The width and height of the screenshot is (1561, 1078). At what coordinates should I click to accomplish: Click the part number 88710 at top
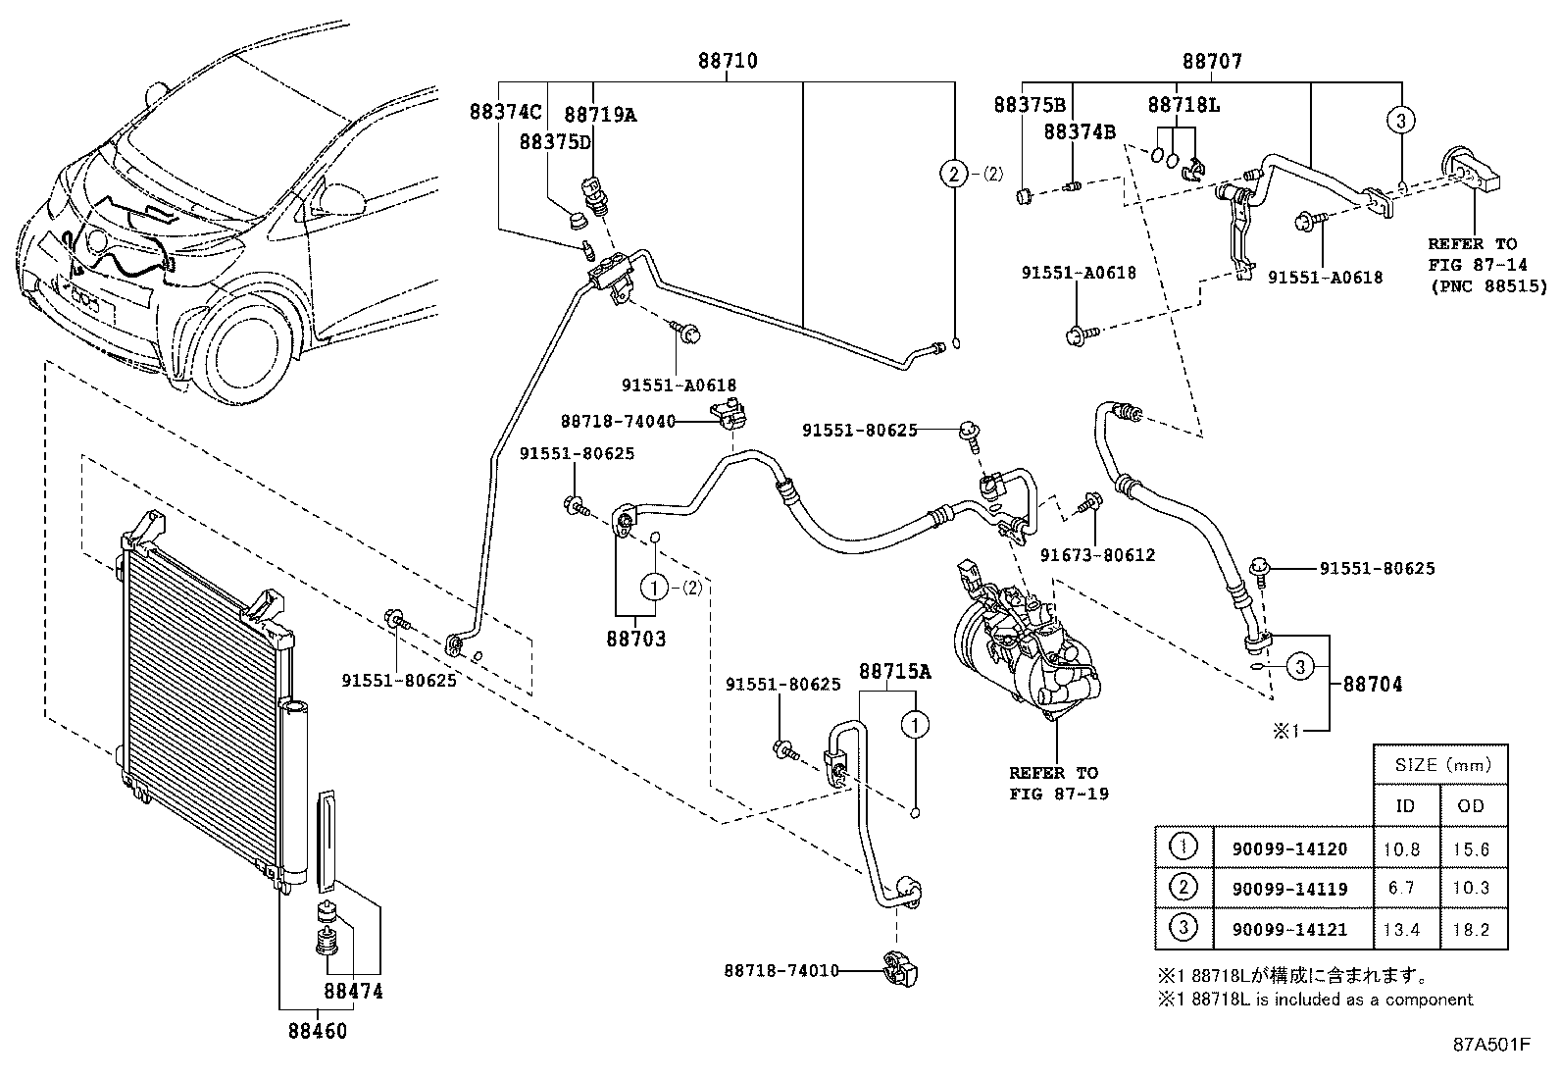(x=727, y=61)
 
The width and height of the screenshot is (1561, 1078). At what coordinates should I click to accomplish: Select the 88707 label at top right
(x=1212, y=61)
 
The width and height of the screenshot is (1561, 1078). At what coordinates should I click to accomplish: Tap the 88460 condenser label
(x=317, y=1031)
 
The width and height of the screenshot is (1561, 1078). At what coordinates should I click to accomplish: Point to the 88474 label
(x=353, y=992)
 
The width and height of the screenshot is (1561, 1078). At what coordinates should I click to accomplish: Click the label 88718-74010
(x=781, y=970)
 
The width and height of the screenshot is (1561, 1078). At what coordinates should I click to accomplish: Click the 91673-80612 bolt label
(x=1097, y=555)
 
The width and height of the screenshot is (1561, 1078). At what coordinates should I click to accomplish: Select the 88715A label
(x=894, y=671)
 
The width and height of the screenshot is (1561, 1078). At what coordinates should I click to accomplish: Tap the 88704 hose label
(x=1372, y=684)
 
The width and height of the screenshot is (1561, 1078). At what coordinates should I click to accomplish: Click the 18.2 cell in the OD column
(x=1471, y=929)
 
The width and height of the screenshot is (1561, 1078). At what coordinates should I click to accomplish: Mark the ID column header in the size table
(x=1405, y=805)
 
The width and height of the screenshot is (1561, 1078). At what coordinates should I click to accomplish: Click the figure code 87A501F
(x=1490, y=1044)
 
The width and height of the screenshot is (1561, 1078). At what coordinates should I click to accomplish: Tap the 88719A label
(x=600, y=115)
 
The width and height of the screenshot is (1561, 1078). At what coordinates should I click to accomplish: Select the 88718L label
(x=1183, y=105)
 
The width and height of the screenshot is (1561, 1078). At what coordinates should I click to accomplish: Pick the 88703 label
(x=635, y=639)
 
